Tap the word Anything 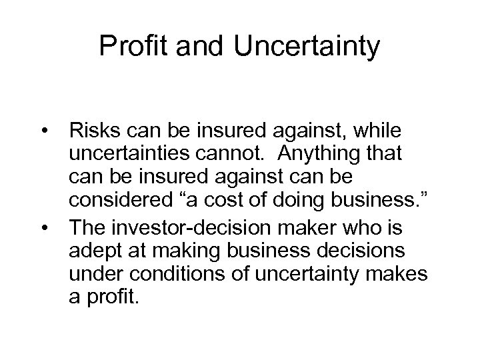point(321,153)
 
